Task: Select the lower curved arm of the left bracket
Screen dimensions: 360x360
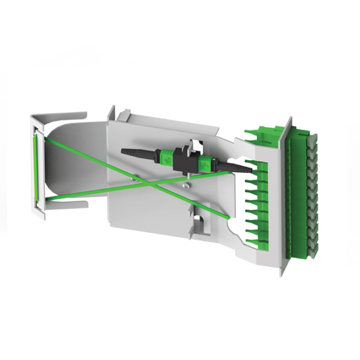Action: click(67, 206)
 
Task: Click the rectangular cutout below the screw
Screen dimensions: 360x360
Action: click(199, 221)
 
